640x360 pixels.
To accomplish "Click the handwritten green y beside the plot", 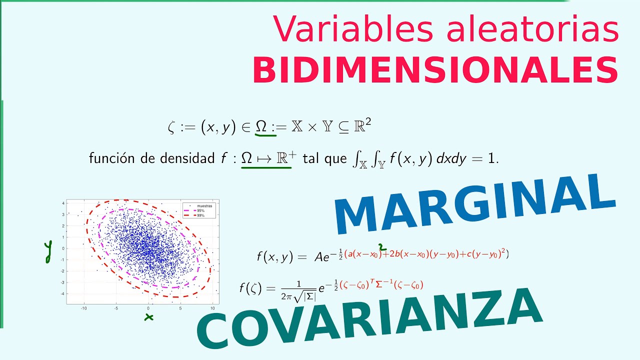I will [x=48, y=251].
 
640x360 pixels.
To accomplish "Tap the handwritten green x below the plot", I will [x=148, y=317].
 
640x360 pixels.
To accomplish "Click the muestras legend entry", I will [x=204, y=206].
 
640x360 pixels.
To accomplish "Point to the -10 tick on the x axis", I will [x=84, y=308].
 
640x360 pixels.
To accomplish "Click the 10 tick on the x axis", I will [x=212, y=308].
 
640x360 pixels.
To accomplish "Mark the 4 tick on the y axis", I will [x=63, y=203].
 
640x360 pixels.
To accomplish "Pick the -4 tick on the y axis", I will [x=62, y=293].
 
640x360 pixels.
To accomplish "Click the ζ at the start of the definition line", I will [x=172, y=128].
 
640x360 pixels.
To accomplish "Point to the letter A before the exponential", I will [x=318, y=257].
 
